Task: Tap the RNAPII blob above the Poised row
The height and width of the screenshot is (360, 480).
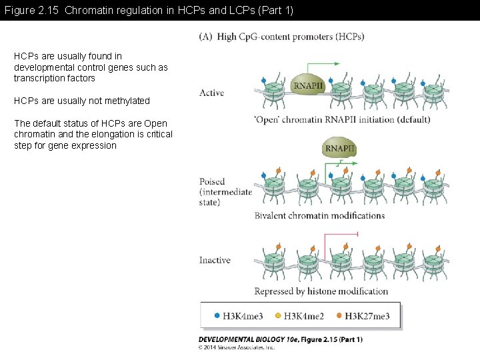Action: [339, 148]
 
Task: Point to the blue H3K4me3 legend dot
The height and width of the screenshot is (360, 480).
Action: [217, 315]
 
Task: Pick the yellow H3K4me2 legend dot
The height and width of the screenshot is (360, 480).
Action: [278, 315]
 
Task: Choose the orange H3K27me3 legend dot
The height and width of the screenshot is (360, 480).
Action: [339, 315]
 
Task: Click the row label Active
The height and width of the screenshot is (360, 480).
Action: [211, 93]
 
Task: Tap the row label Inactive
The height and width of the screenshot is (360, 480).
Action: [215, 260]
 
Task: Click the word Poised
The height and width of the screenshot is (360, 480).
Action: [212, 181]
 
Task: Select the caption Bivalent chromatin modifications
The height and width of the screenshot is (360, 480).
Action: [319, 215]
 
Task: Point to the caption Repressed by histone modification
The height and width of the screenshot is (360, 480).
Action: [321, 291]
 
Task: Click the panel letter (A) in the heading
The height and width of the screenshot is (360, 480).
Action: [205, 37]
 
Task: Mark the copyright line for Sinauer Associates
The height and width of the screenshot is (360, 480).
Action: [237, 347]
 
